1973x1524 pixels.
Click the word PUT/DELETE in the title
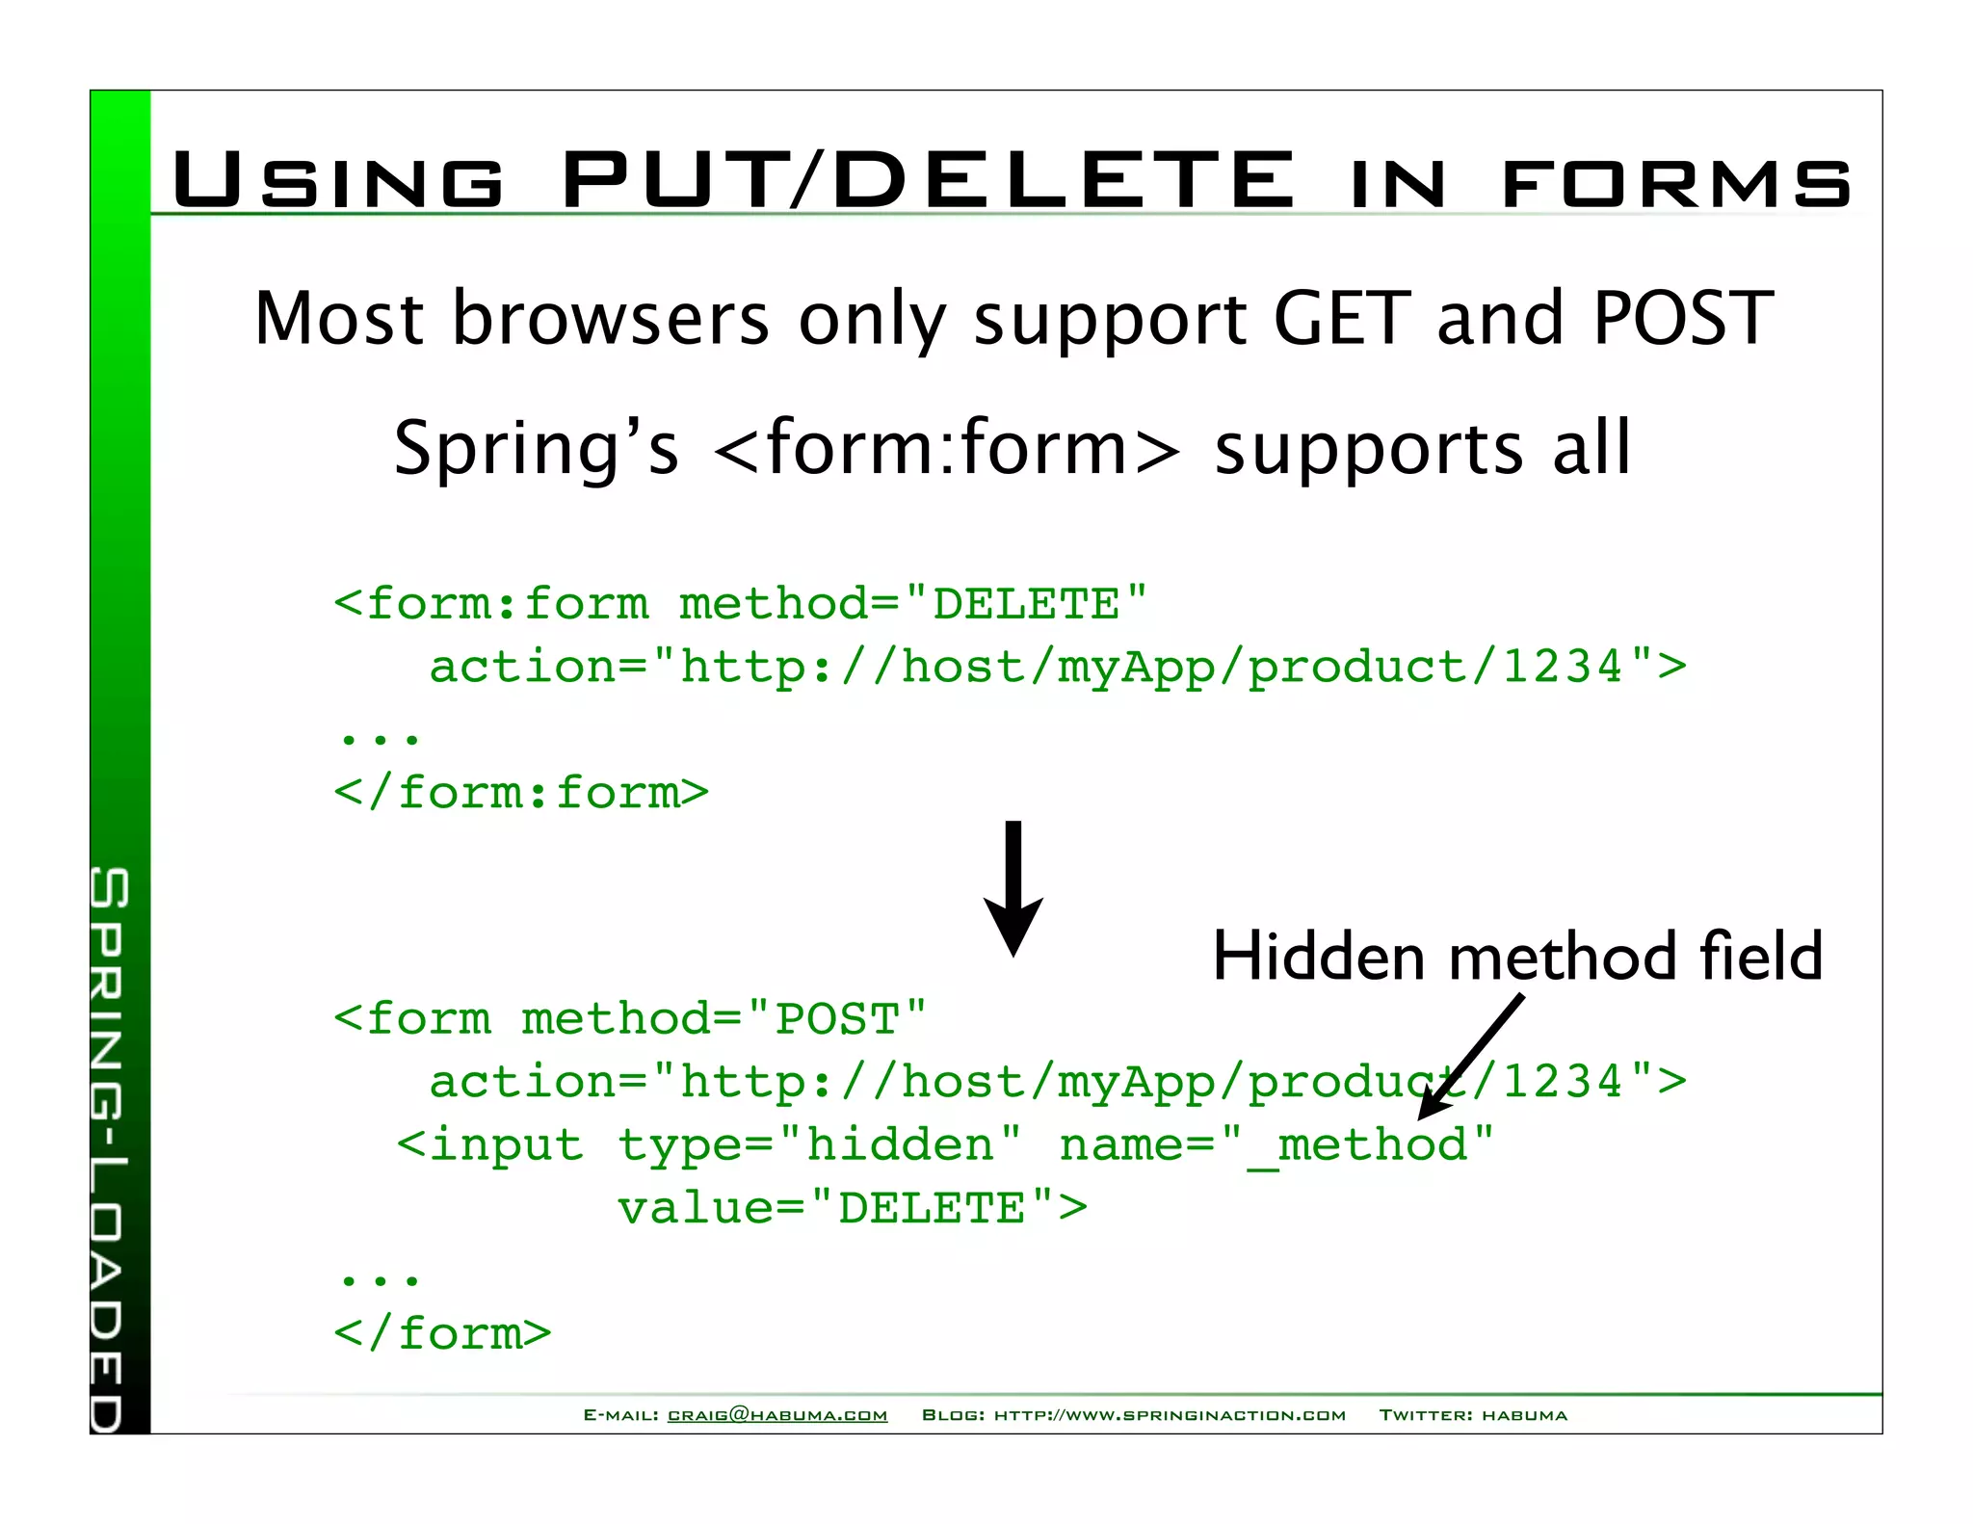(x=927, y=179)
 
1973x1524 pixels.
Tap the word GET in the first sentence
(x=1342, y=318)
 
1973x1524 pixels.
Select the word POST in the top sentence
(x=1683, y=318)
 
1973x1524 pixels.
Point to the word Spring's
(x=536, y=448)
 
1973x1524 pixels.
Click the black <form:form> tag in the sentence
(x=947, y=448)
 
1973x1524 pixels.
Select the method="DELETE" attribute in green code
(x=913, y=604)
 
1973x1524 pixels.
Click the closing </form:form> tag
(x=521, y=793)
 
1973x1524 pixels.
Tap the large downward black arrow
(x=1013, y=887)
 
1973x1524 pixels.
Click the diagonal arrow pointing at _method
(x=1471, y=1057)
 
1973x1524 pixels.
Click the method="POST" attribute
(x=723, y=1019)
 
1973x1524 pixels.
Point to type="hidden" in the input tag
(x=819, y=1145)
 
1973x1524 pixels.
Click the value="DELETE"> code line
(x=852, y=1208)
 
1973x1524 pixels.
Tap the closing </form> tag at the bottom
(x=442, y=1334)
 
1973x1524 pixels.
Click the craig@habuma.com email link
(x=776, y=1415)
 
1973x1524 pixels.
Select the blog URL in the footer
(x=1170, y=1415)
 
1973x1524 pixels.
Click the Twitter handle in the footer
(x=1524, y=1415)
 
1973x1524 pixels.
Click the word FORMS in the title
(x=1676, y=183)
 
